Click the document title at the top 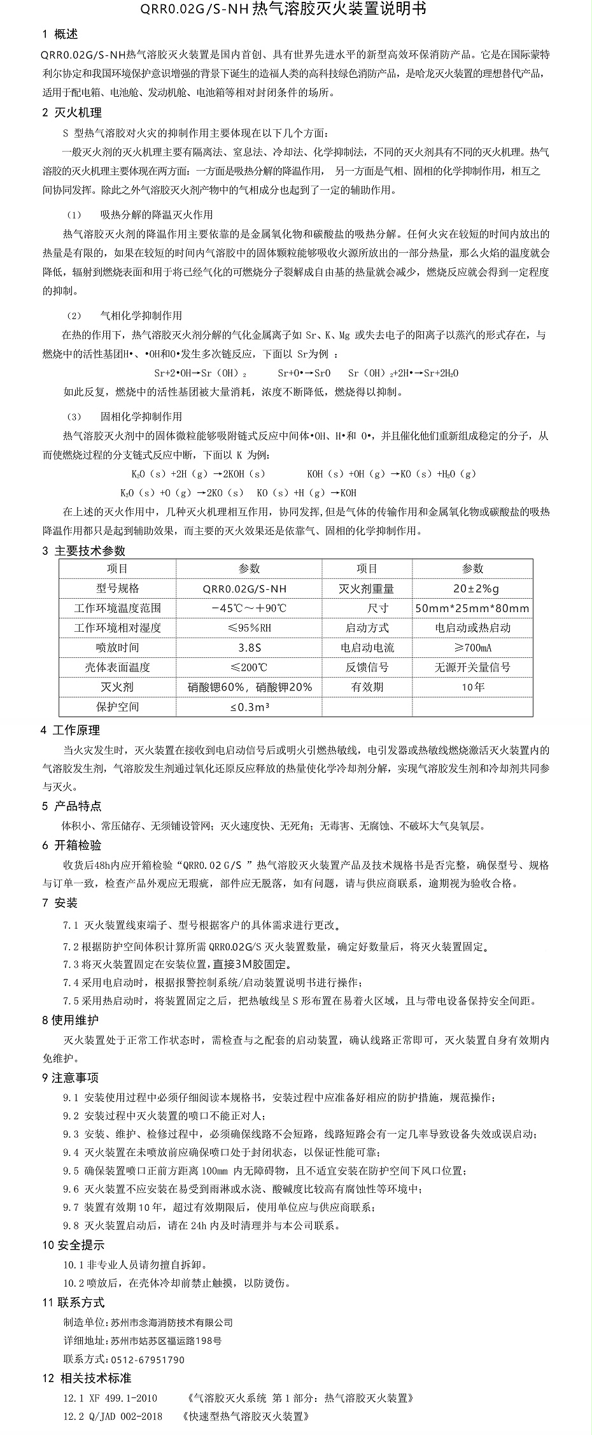296,10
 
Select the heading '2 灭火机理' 71,113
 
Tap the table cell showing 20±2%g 472,589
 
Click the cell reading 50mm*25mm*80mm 472,608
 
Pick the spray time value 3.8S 249,648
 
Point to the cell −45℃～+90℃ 249,608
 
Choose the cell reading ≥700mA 472,648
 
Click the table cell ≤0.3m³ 249,707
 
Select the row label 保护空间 117,707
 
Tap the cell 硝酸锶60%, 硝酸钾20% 250,687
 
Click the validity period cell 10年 472,687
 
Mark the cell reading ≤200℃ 249,668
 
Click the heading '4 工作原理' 71,731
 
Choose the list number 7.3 71,964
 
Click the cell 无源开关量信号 472,668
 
